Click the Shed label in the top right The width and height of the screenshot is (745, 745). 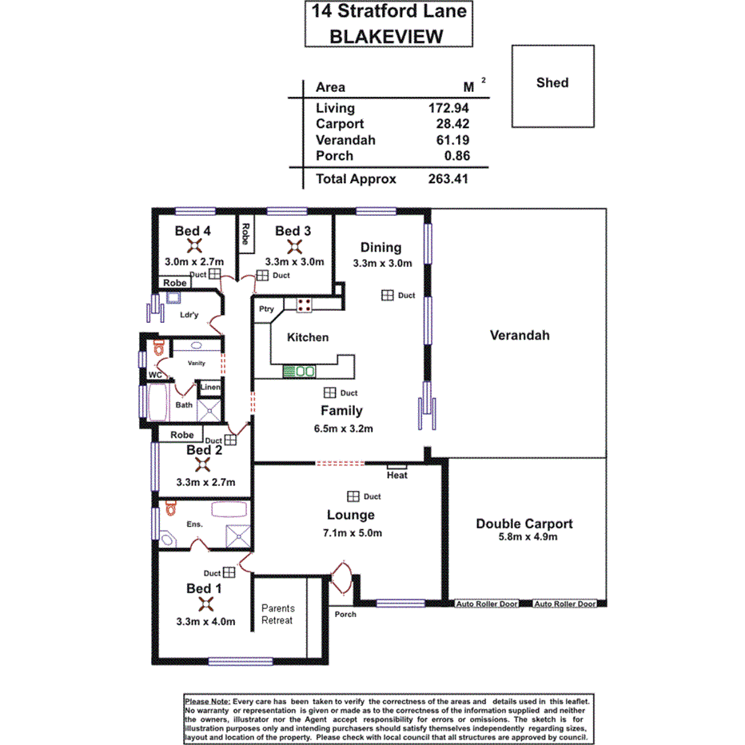[x=552, y=82]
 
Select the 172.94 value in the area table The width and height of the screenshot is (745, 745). [x=448, y=108]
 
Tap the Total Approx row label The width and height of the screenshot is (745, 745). [x=356, y=179]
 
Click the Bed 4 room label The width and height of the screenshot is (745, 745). [x=193, y=231]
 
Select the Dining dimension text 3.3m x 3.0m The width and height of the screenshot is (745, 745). [x=382, y=262]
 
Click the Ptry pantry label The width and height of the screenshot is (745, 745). [x=266, y=309]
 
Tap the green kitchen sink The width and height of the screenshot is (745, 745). [x=299, y=371]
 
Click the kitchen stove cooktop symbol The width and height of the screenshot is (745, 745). [x=304, y=304]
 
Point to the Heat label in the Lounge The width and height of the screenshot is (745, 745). [x=396, y=475]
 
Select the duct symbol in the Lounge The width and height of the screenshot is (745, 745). [x=353, y=496]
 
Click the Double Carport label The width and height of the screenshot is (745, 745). [x=524, y=524]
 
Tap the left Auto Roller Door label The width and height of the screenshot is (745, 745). [x=487, y=604]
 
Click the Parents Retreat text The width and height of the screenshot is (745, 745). [x=277, y=614]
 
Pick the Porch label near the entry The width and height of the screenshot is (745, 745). [x=345, y=614]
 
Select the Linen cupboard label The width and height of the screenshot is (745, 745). [x=209, y=388]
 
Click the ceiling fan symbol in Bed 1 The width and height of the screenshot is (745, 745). [x=204, y=604]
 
